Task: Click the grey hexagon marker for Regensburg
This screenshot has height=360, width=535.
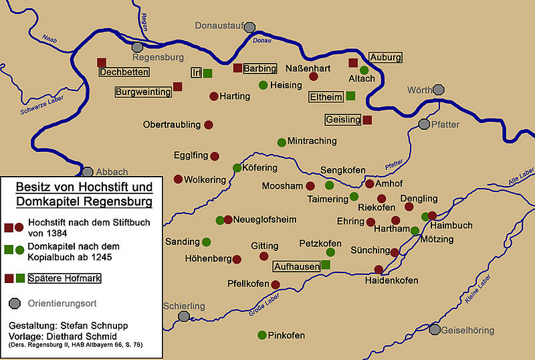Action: click(137, 47)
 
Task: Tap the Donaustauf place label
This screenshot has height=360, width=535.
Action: click(218, 26)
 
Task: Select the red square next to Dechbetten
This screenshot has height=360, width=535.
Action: click(102, 62)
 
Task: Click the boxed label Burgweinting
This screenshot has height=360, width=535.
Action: click(143, 92)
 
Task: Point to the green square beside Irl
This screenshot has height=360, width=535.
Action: click(208, 73)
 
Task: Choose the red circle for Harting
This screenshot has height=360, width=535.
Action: click(214, 96)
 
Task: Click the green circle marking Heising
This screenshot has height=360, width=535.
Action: click(263, 85)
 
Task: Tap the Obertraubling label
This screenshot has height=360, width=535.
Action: click(171, 124)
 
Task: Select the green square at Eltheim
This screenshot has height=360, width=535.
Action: click(351, 96)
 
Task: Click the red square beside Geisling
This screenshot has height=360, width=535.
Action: click(367, 120)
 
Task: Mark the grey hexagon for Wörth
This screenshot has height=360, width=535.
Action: click(439, 89)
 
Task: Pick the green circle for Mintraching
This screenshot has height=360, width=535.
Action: click(282, 142)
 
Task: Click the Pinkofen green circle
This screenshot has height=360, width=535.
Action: click(262, 335)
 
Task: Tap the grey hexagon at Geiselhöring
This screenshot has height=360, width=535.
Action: click(435, 330)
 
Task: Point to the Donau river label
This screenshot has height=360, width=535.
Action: click(263, 41)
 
